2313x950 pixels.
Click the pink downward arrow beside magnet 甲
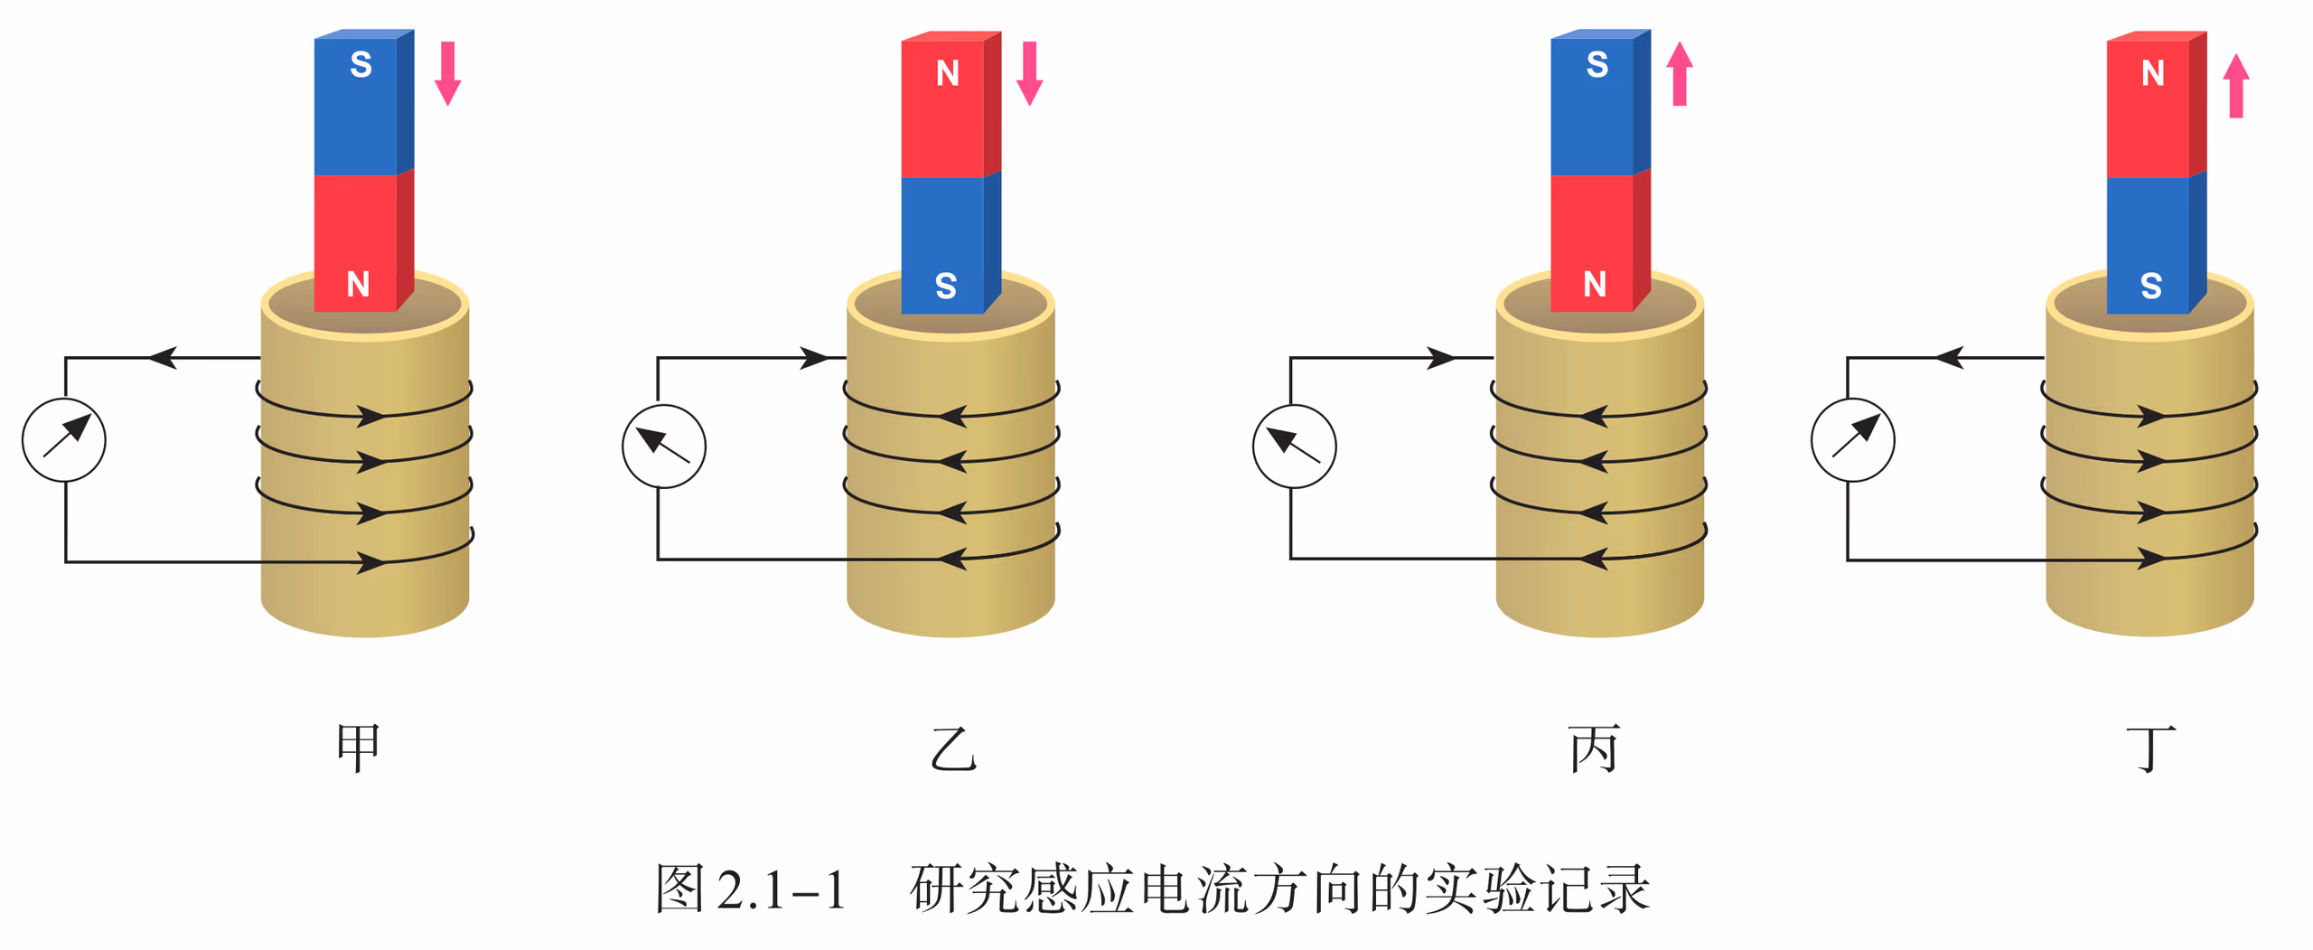(x=447, y=73)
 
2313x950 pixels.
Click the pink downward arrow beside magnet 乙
(x=1029, y=73)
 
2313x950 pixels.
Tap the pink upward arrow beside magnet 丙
(x=1679, y=73)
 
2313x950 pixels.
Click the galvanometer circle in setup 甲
(x=64, y=440)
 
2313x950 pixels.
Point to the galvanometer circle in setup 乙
(x=664, y=446)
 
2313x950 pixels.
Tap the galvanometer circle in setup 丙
(x=1294, y=446)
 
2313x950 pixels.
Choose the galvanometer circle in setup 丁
(x=1852, y=440)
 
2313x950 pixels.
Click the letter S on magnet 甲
(x=361, y=64)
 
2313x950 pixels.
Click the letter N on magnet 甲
(x=358, y=284)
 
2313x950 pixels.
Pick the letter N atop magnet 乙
(x=947, y=72)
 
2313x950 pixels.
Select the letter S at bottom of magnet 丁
(x=2151, y=286)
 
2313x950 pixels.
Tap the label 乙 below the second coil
(x=953, y=748)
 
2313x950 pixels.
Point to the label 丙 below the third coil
(x=1594, y=748)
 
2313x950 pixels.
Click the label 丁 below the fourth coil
(x=2150, y=748)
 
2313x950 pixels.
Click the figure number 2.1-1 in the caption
(x=781, y=889)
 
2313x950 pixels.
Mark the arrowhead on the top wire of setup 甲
(x=163, y=357)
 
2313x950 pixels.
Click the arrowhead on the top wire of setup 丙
(x=1440, y=358)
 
